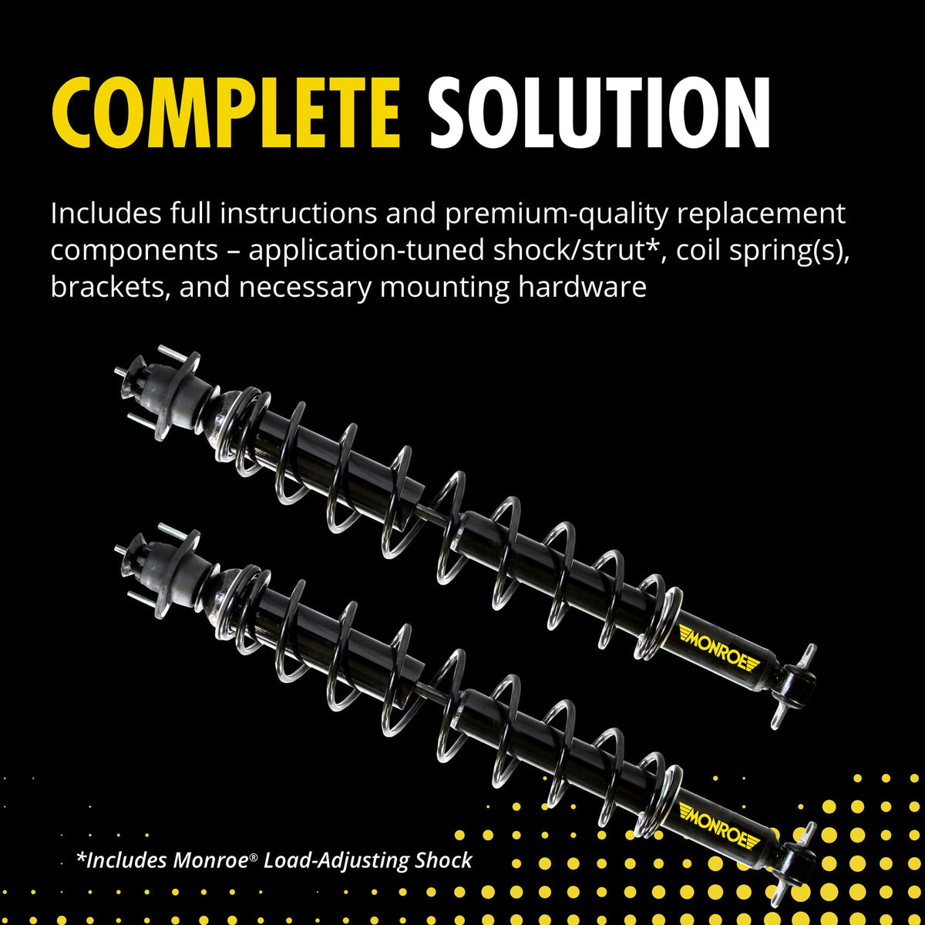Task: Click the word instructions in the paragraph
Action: (x=298, y=213)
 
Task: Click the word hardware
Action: (x=582, y=287)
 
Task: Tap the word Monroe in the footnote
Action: (x=210, y=860)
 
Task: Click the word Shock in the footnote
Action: (x=443, y=860)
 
